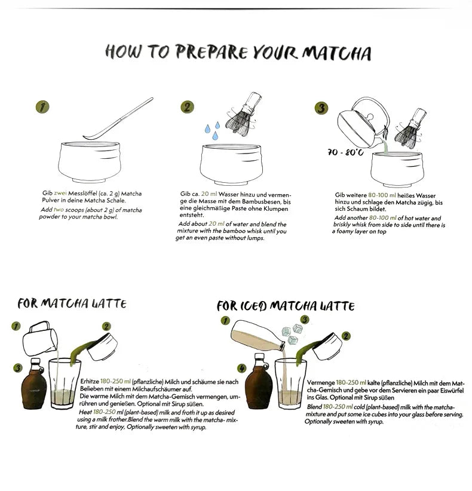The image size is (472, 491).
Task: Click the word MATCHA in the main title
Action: click(336, 53)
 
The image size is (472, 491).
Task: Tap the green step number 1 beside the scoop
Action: click(42, 107)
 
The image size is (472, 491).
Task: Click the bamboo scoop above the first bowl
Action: click(118, 119)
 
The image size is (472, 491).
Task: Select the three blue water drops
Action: click(212, 131)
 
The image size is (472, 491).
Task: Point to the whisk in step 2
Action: click(244, 114)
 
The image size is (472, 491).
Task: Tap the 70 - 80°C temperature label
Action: click(345, 152)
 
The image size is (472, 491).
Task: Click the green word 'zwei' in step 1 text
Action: click(60, 194)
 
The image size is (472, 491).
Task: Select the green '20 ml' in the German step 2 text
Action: click(209, 194)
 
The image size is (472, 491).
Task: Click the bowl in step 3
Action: click(397, 170)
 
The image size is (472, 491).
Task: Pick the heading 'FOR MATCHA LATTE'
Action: click(72, 303)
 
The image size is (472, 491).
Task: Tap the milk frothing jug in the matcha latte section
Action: click(40, 339)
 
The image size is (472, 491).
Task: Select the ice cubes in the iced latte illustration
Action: click(292, 334)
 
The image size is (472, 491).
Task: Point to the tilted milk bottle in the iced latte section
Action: click(258, 336)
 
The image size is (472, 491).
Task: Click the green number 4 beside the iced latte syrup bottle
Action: click(241, 368)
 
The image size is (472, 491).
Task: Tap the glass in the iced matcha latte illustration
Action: click(290, 384)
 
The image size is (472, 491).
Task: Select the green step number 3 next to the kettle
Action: click(321, 108)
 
